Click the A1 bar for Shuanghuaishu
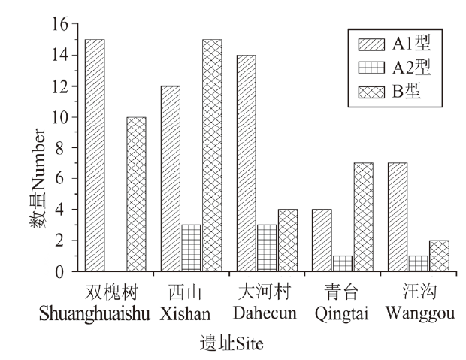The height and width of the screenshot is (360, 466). coord(95,155)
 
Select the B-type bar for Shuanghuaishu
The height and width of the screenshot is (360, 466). coord(136,194)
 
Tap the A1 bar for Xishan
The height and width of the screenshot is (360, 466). coord(170,178)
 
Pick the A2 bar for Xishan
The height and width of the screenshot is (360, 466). coord(191,248)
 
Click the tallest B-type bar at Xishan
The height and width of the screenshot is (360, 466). coord(212,155)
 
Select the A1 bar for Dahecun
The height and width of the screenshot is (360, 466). coord(246,163)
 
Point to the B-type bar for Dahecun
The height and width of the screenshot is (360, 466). coord(288,241)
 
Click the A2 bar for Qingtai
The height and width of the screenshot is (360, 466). coord(343,264)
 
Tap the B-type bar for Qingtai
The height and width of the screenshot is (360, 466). coord(364,217)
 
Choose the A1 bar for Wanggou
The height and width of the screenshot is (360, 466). coord(398,217)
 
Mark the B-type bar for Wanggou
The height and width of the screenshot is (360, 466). coord(440,256)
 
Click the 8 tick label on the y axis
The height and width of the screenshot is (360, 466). coord(62,148)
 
